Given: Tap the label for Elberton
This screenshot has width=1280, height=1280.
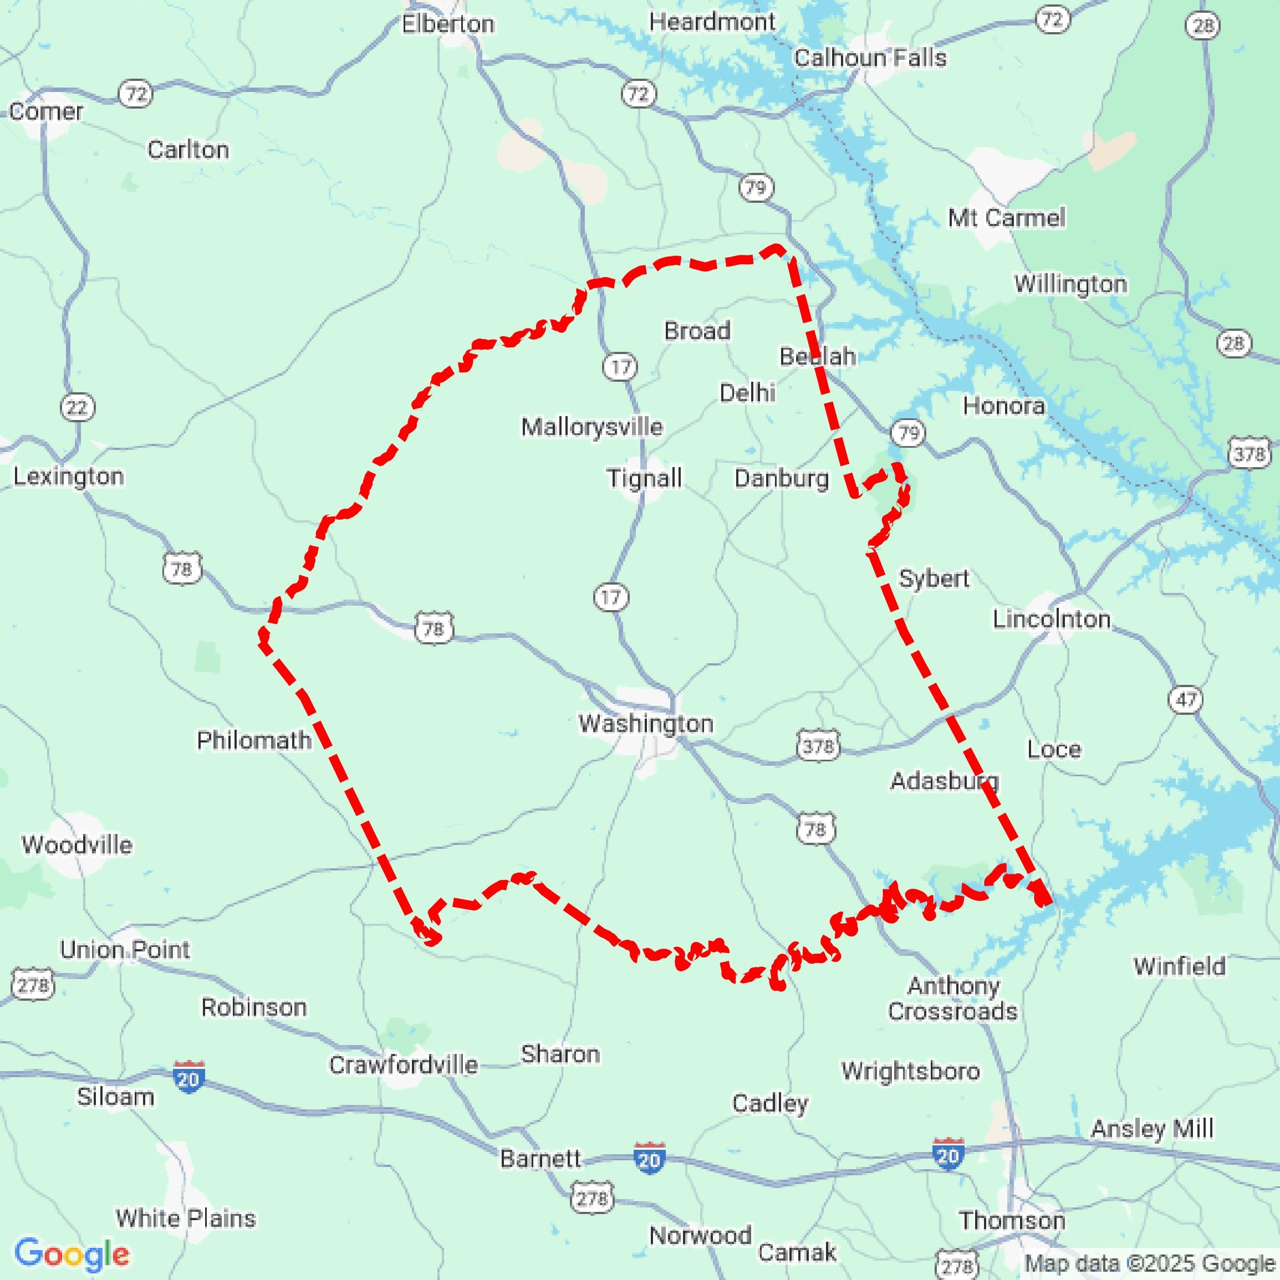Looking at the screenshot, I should pyautogui.click(x=447, y=24).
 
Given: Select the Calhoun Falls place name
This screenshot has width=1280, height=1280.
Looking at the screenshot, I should pyautogui.click(x=870, y=58).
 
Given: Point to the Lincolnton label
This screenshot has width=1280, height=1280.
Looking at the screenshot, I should pyautogui.click(x=1050, y=619).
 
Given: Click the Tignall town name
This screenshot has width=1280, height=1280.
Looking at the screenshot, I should pyautogui.click(x=644, y=478).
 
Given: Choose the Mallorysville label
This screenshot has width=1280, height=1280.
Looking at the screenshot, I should pyautogui.click(x=591, y=427).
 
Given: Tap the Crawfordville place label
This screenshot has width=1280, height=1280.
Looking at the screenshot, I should pyautogui.click(x=403, y=1064).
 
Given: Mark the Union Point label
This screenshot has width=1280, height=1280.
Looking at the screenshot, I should pyautogui.click(x=125, y=949).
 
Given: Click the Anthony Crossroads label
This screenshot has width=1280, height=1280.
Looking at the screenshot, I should pyautogui.click(x=952, y=999).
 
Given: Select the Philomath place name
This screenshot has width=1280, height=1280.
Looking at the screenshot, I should pyautogui.click(x=254, y=740).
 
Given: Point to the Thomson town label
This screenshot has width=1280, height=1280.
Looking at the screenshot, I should pyautogui.click(x=1012, y=1220).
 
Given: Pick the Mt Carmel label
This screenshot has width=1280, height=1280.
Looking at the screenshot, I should pyautogui.click(x=1006, y=217).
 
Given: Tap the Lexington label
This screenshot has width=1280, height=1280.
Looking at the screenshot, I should pyautogui.click(x=68, y=477).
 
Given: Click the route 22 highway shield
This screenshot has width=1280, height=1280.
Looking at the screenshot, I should pyautogui.click(x=78, y=407).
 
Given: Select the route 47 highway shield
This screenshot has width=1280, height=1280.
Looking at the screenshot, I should pyautogui.click(x=1186, y=699).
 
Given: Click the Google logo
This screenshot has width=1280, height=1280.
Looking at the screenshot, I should pyautogui.click(x=72, y=1253).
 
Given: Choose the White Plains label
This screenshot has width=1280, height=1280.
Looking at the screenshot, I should pyautogui.click(x=186, y=1218).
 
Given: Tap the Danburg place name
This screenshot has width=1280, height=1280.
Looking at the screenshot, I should pyautogui.click(x=781, y=478).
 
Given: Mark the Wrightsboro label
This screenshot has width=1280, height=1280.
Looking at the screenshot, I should pyautogui.click(x=910, y=1071).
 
